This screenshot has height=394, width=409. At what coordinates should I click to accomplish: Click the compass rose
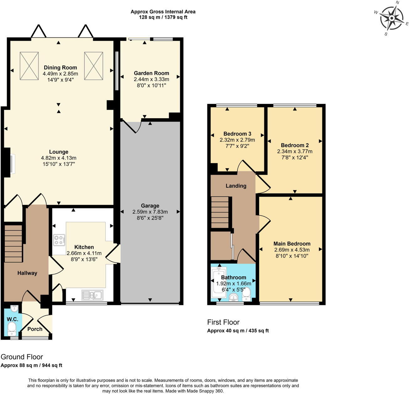391,18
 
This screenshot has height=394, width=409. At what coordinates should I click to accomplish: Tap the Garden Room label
151,73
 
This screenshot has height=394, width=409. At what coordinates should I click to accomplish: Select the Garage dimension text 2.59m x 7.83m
150,212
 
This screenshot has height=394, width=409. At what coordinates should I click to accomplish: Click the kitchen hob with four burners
59,240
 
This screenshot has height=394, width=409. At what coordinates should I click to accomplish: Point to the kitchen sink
92,295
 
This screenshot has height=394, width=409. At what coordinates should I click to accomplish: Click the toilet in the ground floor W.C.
12,328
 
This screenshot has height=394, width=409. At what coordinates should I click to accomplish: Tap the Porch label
35,329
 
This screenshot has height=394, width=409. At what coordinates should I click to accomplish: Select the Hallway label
27,273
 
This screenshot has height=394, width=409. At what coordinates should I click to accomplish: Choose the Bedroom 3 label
237,134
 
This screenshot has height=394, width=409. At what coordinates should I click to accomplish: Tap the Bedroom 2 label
295,145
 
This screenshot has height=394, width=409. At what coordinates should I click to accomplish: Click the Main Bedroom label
292,243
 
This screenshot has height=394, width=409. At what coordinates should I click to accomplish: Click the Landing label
236,186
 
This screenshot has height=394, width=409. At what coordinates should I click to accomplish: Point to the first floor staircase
220,212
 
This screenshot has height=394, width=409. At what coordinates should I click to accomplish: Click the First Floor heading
223,322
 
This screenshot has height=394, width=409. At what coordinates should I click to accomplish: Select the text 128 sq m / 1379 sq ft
163,17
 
